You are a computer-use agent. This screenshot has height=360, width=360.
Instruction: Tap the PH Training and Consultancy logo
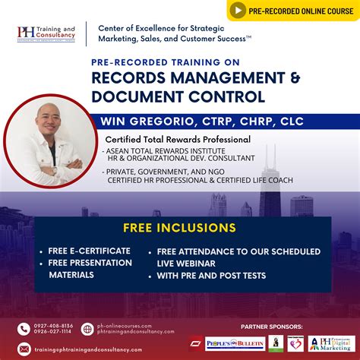(x=46, y=34)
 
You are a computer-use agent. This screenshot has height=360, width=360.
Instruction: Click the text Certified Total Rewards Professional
(x=178, y=140)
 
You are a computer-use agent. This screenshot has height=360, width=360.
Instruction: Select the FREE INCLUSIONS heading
(x=179, y=228)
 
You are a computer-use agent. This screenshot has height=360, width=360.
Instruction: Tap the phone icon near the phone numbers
(x=24, y=328)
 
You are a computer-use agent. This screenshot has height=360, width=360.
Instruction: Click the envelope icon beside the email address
(x=24, y=349)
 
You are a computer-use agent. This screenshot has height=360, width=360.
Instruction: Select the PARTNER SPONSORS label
(x=271, y=326)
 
